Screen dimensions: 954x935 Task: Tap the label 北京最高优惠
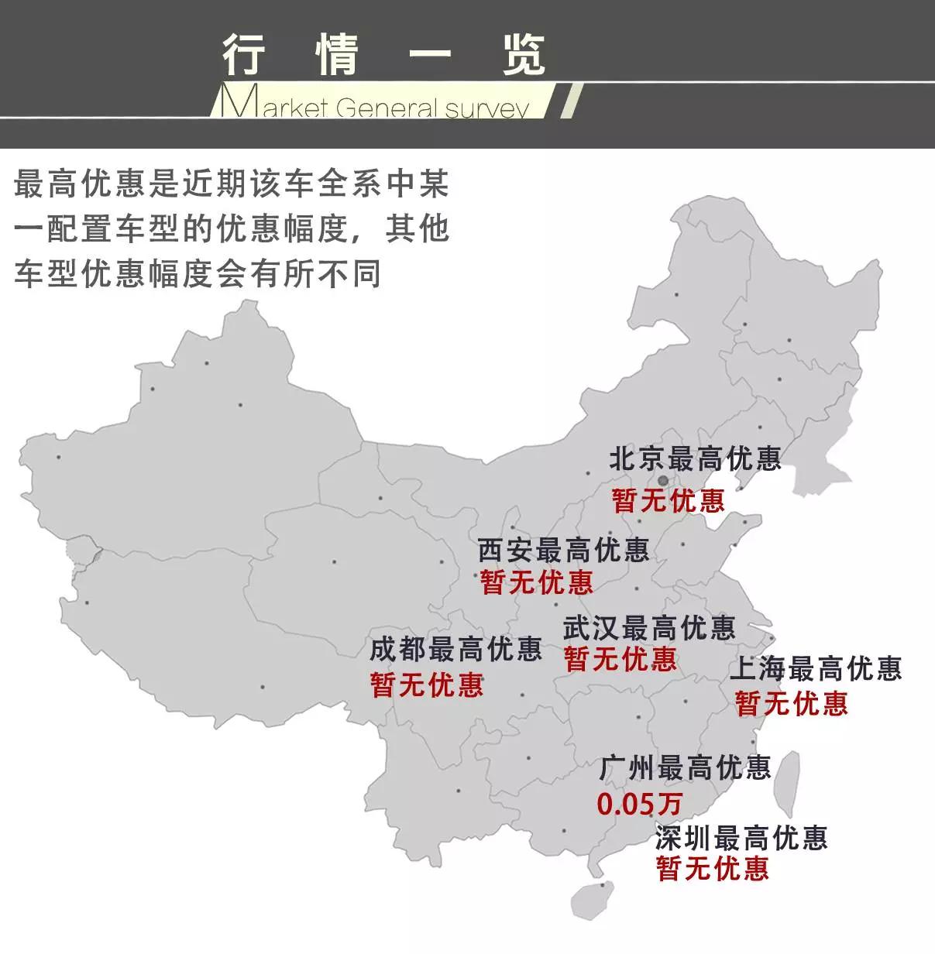tap(695, 459)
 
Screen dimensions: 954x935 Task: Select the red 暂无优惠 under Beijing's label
tap(668, 500)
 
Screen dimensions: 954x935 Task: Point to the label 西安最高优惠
tap(563, 550)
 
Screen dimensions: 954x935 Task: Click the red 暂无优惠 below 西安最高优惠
tap(536, 582)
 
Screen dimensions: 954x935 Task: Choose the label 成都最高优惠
tap(455, 649)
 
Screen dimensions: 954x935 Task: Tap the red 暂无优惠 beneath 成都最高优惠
tap(427, 685)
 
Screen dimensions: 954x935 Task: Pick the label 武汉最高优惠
tap(649, 626)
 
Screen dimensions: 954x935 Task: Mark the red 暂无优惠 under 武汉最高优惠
tap(620, 660)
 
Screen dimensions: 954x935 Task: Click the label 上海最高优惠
tap(816, 668)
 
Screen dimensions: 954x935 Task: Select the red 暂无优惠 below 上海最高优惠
tap(791, 703)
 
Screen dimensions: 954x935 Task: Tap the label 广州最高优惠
tap(685, 767)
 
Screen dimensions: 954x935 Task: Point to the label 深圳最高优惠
tap(741, 837)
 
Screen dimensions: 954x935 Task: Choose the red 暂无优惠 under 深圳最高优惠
tap(712, 869)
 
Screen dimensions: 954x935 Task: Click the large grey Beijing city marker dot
tap(662, 480)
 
